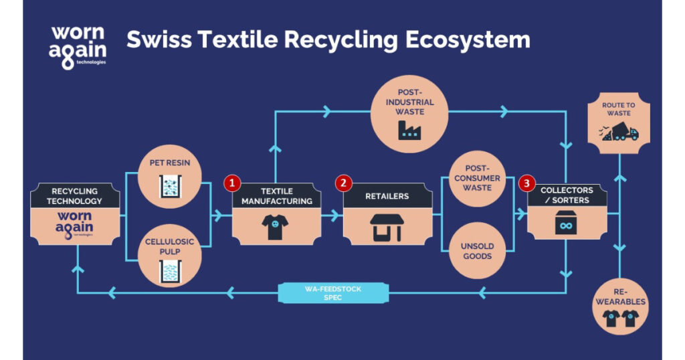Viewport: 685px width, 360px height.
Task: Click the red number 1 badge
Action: pos(232,182)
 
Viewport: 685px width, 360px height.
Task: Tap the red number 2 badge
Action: pos(343,182)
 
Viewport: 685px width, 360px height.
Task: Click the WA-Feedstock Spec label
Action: pos(332,292)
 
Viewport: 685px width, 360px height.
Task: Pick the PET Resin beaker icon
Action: pos(170,186)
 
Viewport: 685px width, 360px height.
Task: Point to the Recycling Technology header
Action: pos(76,196)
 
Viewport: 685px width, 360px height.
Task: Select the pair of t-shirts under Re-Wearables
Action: pos(620,319)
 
